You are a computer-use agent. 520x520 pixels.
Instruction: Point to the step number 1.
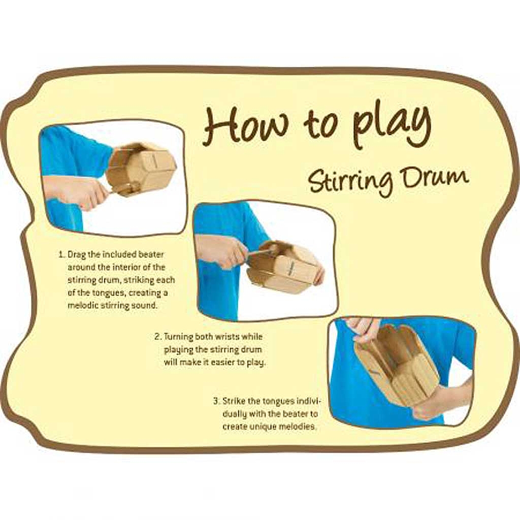click(x=61, y=255)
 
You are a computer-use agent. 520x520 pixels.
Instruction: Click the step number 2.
click(x=158, y=337)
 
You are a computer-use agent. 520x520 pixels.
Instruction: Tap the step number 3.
click(x=216, y=401)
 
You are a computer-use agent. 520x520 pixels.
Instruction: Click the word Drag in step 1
click(x=78, y=255)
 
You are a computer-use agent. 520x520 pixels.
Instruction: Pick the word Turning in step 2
click(x=179, y=337)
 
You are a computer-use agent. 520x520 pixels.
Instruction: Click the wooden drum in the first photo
click(x=142, y=169)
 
